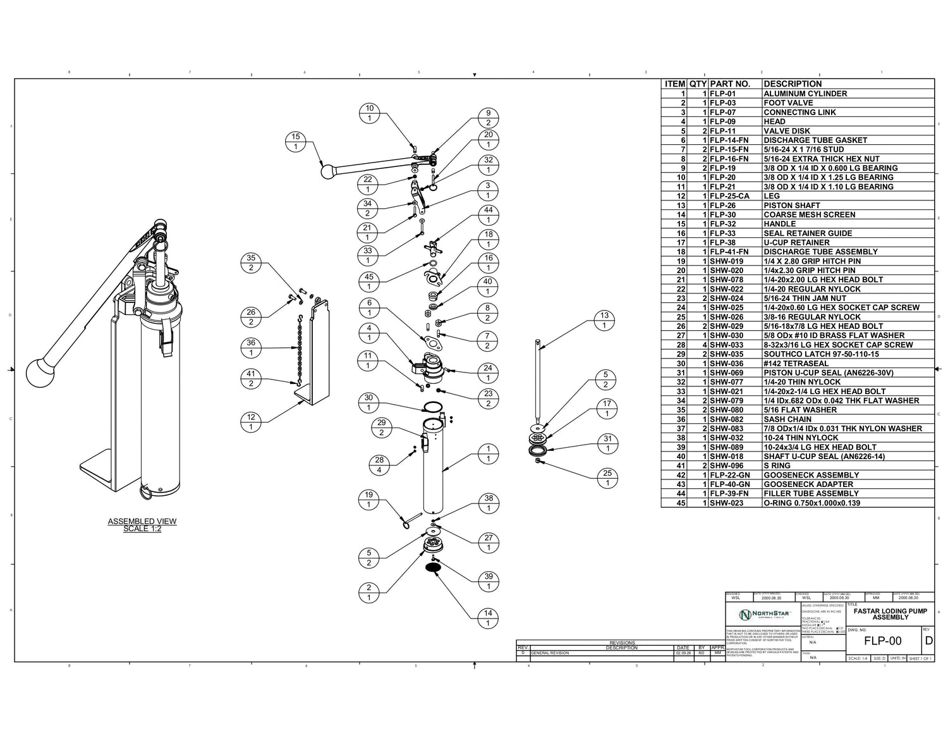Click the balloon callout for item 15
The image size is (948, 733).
295,142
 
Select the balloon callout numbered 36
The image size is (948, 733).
251,347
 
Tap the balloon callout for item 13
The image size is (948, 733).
605,321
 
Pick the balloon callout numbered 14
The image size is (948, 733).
488,618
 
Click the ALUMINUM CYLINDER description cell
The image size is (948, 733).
805,94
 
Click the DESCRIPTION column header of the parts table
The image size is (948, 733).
793,83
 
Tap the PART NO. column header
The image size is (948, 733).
729,83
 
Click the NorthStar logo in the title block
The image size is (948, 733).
762,615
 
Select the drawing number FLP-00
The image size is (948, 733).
883,641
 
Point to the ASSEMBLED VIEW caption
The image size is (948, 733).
142,525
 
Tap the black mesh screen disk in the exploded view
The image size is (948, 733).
433,568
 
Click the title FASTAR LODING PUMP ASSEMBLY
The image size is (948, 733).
890,614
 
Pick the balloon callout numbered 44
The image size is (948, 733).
488,215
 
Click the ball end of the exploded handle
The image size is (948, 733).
327,171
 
